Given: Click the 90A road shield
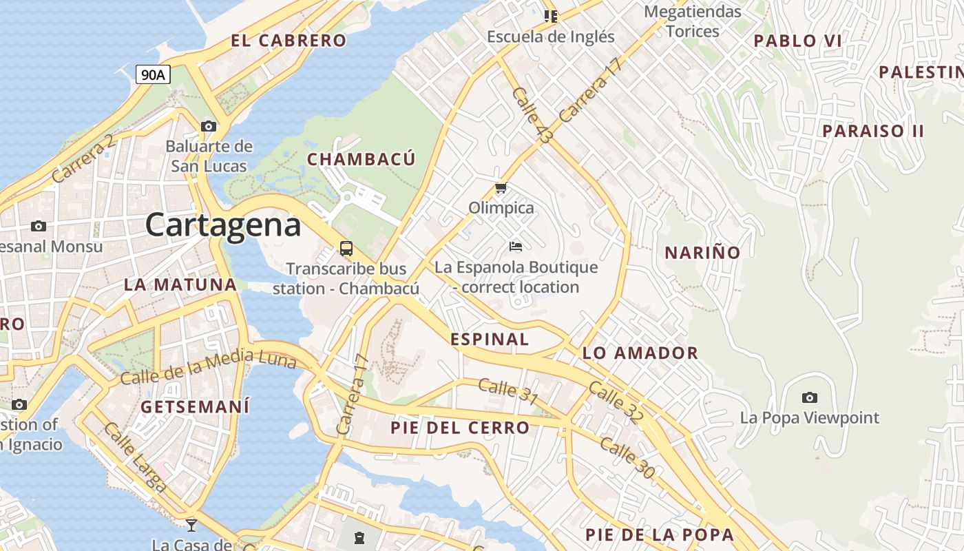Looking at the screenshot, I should [153, 74].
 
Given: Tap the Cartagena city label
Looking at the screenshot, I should [223, 225].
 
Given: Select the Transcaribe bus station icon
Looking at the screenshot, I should [346, 249].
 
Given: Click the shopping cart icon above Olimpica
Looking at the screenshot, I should [501, 187].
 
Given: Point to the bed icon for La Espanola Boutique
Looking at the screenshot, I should [516, 246].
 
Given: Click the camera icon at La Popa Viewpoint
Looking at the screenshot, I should [810, 397].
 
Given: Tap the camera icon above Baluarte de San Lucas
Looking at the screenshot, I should [209, 126].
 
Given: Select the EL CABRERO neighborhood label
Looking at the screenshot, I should [289, 41].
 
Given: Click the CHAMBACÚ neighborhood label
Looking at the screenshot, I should [361, 160].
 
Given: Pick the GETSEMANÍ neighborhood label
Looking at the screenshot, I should [195, 407].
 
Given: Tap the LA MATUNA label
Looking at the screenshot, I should [180, 284].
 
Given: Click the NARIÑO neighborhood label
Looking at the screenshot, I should [702, 253].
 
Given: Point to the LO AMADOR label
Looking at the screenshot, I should [640, 353].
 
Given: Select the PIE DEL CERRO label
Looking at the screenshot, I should [460, 428].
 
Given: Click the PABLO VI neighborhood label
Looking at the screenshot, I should [797, 41].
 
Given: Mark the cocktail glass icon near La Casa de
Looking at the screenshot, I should [191, 526].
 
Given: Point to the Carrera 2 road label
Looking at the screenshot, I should [83, 160].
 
